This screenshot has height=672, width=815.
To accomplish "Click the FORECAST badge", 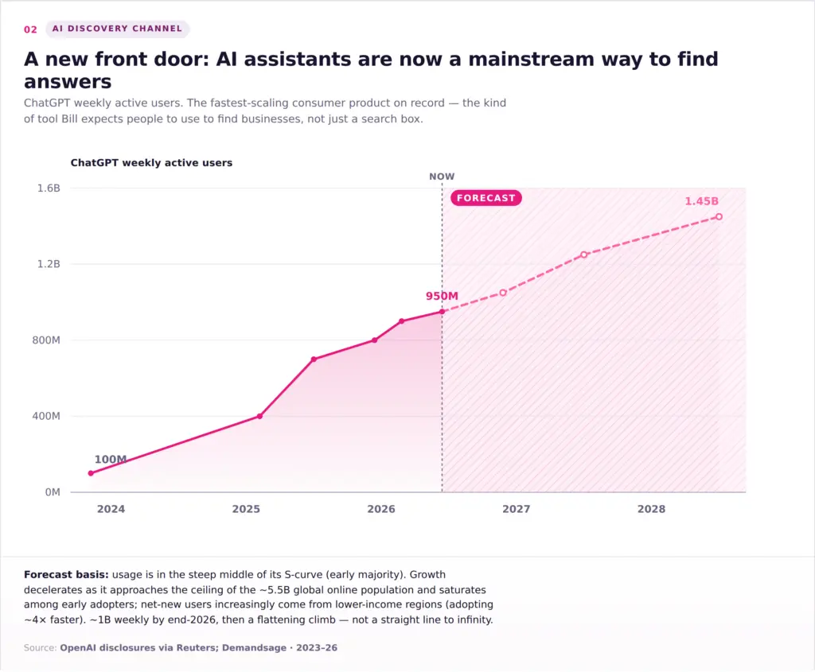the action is (486, 198).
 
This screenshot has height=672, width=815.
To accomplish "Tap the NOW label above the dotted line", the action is (442, 177).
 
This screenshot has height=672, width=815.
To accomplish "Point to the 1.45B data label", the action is (702, 201).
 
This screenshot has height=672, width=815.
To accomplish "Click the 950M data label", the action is (442, 296).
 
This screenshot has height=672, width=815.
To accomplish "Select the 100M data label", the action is (110, 459).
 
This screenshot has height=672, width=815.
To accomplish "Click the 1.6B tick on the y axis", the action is (49, 188).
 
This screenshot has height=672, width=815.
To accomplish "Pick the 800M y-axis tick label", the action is (46, 340).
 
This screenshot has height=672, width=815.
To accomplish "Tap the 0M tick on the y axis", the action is (53, 491).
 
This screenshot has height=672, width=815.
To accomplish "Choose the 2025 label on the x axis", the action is (246, 509).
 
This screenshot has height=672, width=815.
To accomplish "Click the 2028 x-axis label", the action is (651, 509).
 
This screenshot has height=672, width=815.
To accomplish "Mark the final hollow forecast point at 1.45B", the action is (719, 216).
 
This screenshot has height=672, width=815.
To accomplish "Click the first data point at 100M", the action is (91, 473).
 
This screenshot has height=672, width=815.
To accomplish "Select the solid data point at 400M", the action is (260, 416).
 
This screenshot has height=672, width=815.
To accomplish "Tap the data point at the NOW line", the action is (443, 312).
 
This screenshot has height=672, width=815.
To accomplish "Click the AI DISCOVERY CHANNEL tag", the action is (118, 29).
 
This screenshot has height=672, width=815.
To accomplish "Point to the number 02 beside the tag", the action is (31, 29).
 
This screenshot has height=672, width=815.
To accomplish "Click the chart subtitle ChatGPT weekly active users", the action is (151, 162).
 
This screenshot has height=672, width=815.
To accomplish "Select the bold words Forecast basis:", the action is (66, 574).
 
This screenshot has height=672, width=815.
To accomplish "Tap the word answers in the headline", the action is (68, 82).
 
